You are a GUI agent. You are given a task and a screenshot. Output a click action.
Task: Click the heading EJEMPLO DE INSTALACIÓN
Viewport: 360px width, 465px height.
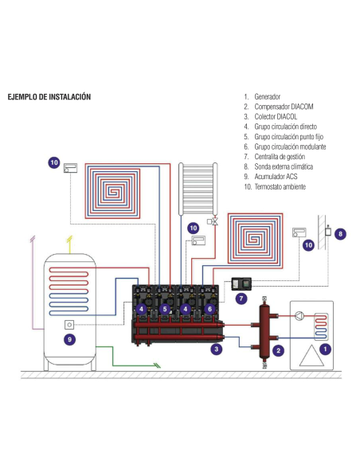(49, 97)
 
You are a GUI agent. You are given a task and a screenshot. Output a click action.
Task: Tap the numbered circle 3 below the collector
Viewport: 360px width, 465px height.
(216, 349)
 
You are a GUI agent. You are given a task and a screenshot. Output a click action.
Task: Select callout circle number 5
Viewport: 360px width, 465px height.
(165, 309)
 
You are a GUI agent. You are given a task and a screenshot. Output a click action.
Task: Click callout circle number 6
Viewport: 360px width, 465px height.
(209, 309)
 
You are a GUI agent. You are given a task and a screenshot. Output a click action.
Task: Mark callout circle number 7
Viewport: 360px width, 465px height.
(241, 299)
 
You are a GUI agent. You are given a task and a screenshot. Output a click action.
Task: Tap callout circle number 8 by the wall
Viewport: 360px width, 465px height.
(340, 235)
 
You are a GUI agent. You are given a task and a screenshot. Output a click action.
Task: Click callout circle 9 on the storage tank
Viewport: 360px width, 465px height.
(69, 339)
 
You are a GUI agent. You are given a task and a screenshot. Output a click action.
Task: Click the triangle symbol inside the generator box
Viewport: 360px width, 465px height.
(311, 358)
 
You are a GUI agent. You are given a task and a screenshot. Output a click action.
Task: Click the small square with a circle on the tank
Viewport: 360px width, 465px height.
(70, 324)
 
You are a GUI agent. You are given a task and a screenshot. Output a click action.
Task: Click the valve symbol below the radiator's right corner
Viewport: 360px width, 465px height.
(210, 221)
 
